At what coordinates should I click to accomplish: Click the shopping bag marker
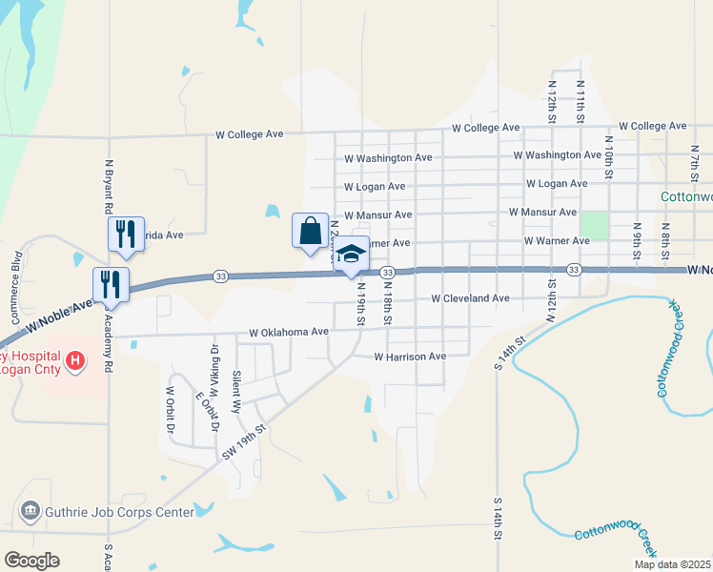[x=310, y=232]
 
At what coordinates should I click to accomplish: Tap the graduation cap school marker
[x=352, y=255]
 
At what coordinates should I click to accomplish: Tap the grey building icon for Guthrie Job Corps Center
[x=30, y=512]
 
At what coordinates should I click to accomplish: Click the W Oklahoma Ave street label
[x=288, y=333]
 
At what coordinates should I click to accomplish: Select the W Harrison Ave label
[x=410, y=357]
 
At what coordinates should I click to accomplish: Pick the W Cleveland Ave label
[x=470, y=298]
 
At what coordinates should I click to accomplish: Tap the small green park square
[x=594, y=226]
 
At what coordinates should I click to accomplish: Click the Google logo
[x=31, y=561]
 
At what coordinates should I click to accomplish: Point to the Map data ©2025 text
[x=671, y=564]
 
